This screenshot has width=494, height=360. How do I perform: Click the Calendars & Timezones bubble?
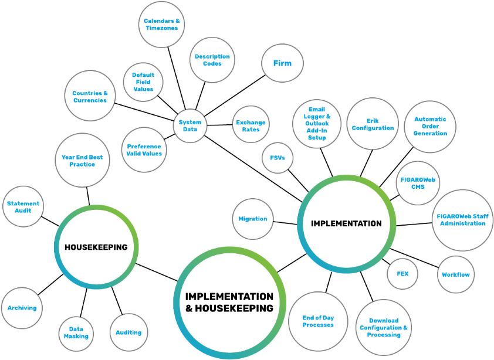161,25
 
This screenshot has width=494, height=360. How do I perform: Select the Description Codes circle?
212,60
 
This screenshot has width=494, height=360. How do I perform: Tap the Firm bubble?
282,63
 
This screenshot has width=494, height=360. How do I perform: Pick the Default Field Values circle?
143,82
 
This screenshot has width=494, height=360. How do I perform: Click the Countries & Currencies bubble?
90,96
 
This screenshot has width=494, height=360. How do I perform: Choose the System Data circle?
190,125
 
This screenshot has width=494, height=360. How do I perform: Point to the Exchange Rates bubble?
251,126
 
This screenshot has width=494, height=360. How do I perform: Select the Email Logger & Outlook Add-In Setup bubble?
317,124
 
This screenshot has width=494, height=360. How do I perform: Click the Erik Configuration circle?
373,124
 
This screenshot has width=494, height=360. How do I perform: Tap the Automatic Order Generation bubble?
430,126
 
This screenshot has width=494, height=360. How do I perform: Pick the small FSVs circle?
277,158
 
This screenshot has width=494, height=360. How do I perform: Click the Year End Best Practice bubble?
82,161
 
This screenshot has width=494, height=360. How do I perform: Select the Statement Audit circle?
23,207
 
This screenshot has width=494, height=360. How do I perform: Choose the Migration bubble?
253,219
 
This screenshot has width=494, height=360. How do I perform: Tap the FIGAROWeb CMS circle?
418,183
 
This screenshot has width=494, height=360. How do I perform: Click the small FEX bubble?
402,274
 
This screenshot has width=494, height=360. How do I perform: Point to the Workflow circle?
456,274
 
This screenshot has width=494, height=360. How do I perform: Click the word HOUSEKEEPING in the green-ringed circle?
96,247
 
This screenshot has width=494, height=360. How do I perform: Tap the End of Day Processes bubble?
318,321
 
